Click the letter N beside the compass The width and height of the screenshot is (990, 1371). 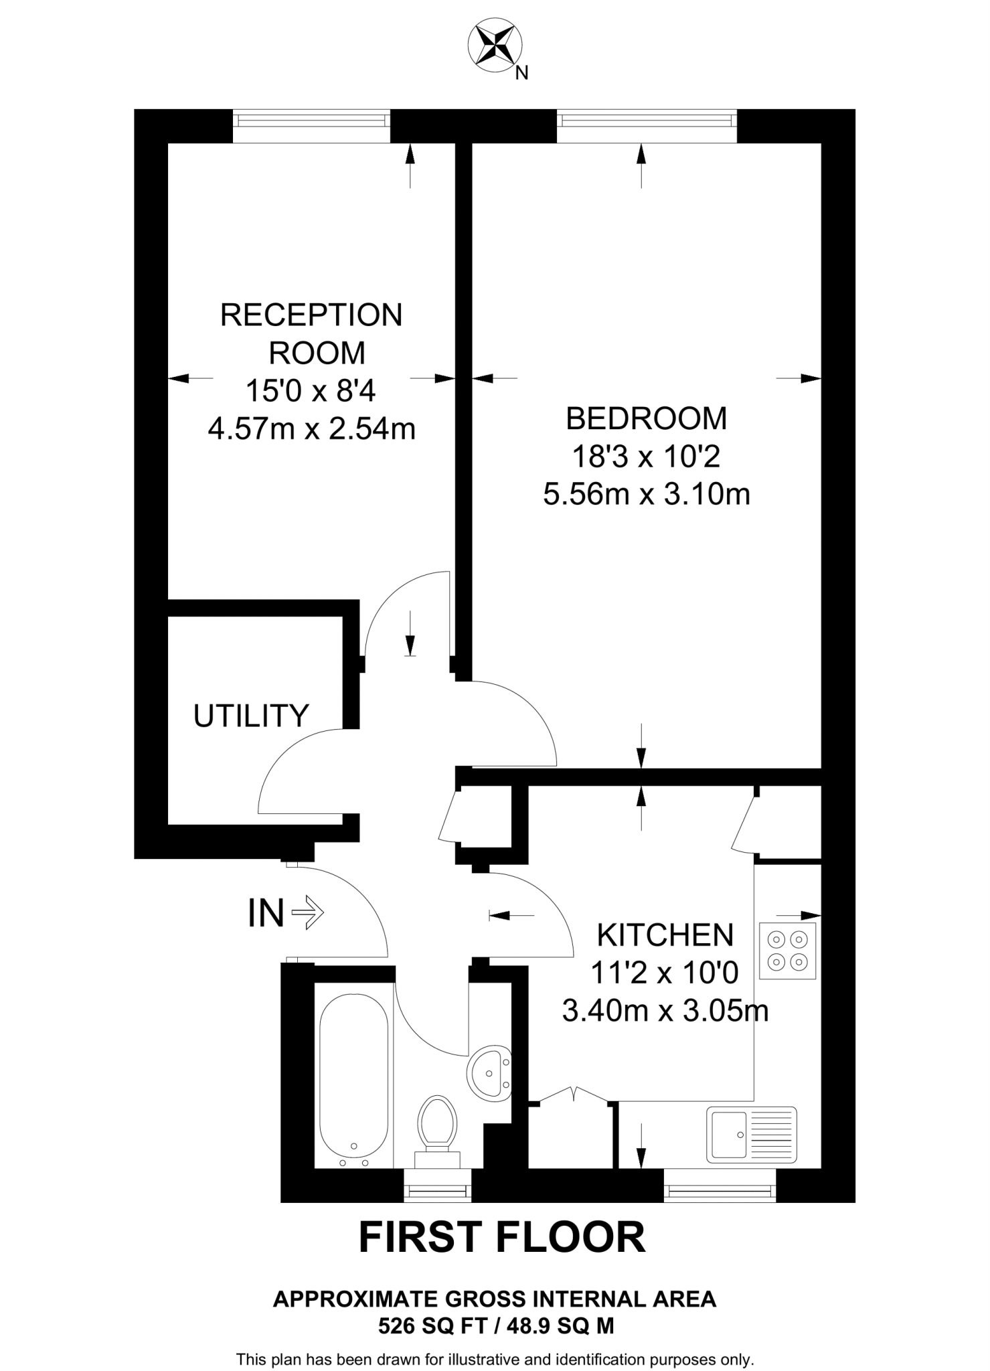pyautogui.click(x=522, y=73)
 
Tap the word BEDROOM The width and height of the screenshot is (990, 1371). pyautogui.click(x=646, y=418)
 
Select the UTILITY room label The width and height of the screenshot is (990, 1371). pyautogui.click(x=251, y=716)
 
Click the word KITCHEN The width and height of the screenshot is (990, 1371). pyautogui.click(x=665, y=935)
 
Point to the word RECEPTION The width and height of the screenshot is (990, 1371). pyautogui.click(x=311, y=315)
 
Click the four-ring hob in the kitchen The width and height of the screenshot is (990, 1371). pyautogui.click(x=787, y=951)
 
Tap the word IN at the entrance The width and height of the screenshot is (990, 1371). pyautogui.click(x=266, y=913)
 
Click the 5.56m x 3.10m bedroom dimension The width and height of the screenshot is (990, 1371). pyautogui.click(x=646, y=495)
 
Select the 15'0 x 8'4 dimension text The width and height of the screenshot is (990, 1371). pyautogui.click(x=311, y=390)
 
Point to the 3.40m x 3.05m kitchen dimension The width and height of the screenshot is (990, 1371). pyautogui.click(x=665, y=1010)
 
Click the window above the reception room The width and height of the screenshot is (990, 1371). pyautogui.click(x=311, y=120)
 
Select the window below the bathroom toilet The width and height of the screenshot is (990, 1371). pyautogui.click(x=438, y=1192)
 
